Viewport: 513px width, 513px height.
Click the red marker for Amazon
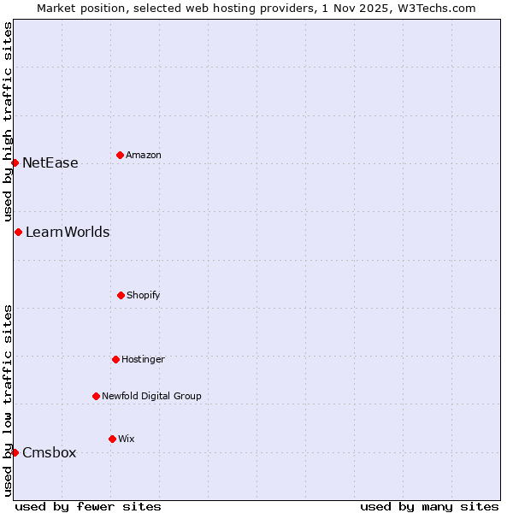(120, 155)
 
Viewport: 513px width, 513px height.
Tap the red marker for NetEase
(15, 162)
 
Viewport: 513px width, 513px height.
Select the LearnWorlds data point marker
(18, 232)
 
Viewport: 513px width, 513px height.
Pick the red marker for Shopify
(121, 295)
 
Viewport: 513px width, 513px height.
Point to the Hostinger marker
(115, 359)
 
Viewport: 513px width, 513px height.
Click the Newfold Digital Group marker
(96, 396)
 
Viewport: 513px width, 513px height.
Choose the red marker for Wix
(112, 439)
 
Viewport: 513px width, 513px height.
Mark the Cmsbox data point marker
(15, 452)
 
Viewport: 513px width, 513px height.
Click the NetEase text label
(50, 163)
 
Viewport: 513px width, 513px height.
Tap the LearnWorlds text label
(68, 233)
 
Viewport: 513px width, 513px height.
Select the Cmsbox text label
(50, 453)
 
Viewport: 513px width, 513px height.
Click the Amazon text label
(144, 156)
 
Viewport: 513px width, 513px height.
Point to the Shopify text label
(144, 296)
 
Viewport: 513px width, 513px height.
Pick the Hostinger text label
(143, 360)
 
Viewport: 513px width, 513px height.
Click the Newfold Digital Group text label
(151, 397)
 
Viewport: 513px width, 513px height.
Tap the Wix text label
(127, 439)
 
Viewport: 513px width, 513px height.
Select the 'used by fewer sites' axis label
(88, 506)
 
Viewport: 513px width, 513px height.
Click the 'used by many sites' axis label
(429, 506)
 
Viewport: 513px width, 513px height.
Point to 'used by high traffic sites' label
(8, 122)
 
